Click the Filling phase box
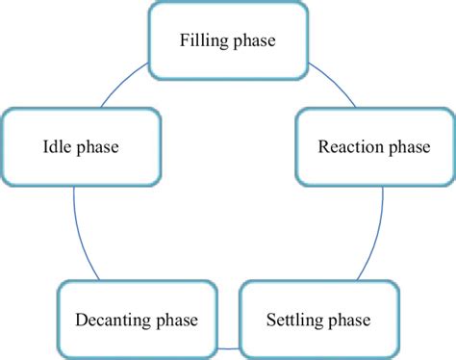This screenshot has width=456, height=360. tap(227, 41)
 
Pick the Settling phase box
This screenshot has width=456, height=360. tap(317, 319)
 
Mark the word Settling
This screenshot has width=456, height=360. tap(295, 320)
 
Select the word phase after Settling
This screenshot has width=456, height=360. tap(348, 320)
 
